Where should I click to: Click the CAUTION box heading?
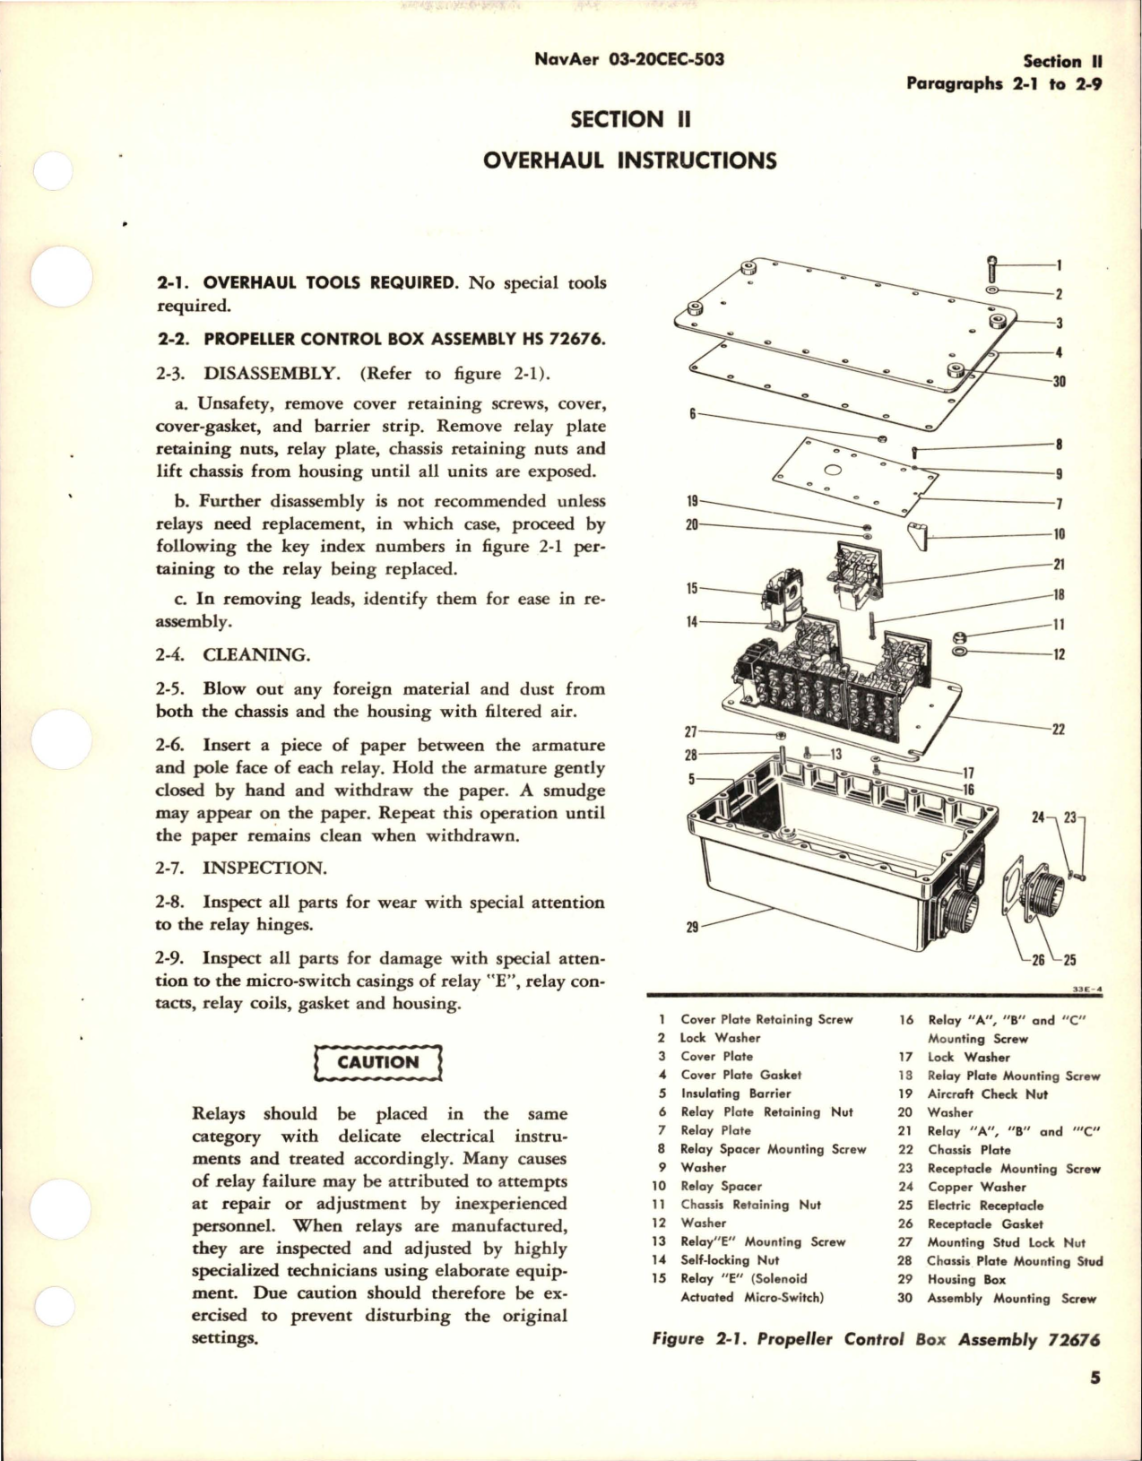pos(378,1062)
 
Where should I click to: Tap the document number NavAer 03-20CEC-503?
pos(628,59)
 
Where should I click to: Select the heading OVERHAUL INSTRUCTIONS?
pos(629,160)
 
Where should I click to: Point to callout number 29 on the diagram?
pos(691,928)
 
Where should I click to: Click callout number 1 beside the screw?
pos(1059,265)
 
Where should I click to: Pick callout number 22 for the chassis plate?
pos(1058,729)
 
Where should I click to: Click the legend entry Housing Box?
pos(966,1280)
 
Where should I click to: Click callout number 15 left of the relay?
pos(691,589)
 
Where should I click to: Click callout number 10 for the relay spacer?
pos(1059,534)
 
